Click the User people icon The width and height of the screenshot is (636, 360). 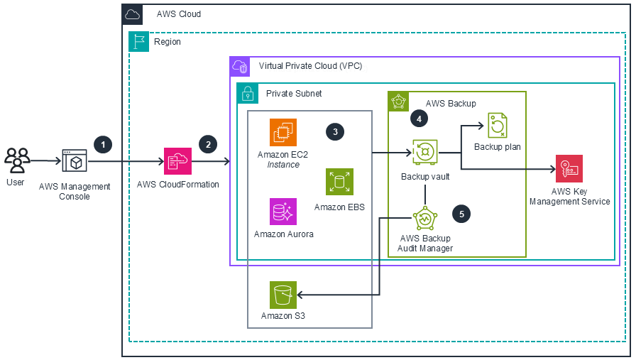(x=17, y=161)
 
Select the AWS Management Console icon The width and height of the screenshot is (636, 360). (x=75, y=162)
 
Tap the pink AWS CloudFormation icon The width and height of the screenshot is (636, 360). (x=177, y=161)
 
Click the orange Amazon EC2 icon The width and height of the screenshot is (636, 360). (x=283, y=133)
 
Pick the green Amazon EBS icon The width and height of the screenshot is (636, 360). (x=339, y=182)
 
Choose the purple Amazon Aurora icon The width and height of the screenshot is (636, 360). (x=283, y=212)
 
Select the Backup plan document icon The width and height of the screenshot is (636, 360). (x=497, y=126)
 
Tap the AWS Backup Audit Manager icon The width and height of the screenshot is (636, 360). (x=424, y=218)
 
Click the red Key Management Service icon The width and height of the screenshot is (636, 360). (x=569, y=168)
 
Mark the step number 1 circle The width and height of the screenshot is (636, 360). (x=104, y=144)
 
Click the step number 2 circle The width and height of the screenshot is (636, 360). (x=208, y=144)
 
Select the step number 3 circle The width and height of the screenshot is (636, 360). (x=334, y=131)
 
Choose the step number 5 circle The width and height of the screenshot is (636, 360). (x=461, y=212)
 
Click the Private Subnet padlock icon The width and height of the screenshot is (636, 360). (x=248, y=93)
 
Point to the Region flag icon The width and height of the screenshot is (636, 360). (x=138, y=42)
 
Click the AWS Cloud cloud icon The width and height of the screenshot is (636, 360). (x=132, y=13)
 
